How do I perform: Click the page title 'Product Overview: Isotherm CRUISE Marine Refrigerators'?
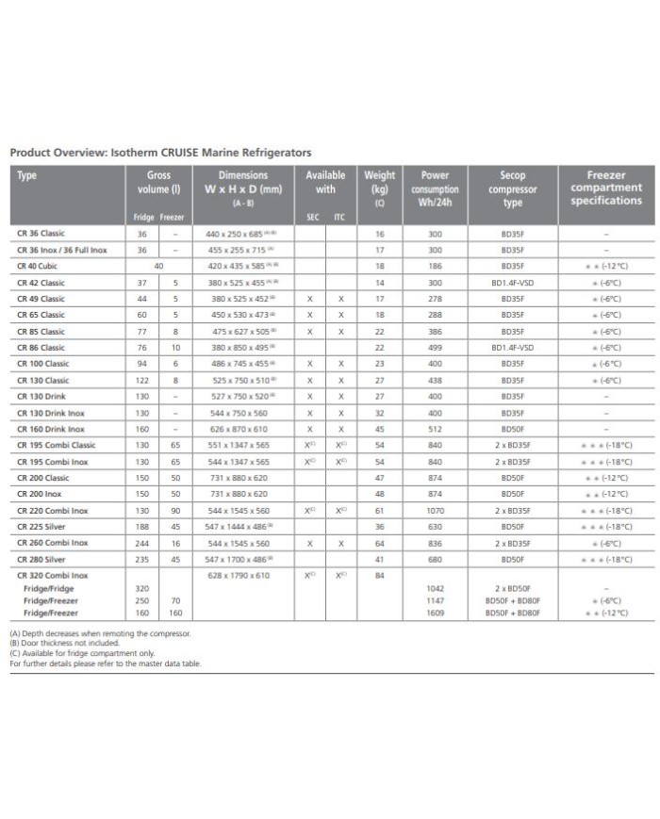tap(160, 152)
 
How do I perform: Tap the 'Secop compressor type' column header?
tap(512, 188)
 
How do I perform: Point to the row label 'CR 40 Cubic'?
tap(40, 267)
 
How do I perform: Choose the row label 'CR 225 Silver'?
tap(42, 527)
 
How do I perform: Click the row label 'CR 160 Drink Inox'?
tap(50, 429)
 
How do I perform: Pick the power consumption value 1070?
tap(435, 510)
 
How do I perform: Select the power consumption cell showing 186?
tap(435, 267)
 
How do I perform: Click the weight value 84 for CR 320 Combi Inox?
tap(380, 575)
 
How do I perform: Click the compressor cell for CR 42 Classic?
tap(512, 283)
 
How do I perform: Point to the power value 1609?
tap(435, 614)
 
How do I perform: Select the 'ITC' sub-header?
tap(339, 218)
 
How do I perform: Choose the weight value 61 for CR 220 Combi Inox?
tap(380, 510)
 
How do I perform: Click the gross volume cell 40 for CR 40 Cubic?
tap(157, 267)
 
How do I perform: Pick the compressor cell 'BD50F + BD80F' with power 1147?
tap(512, 600)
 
